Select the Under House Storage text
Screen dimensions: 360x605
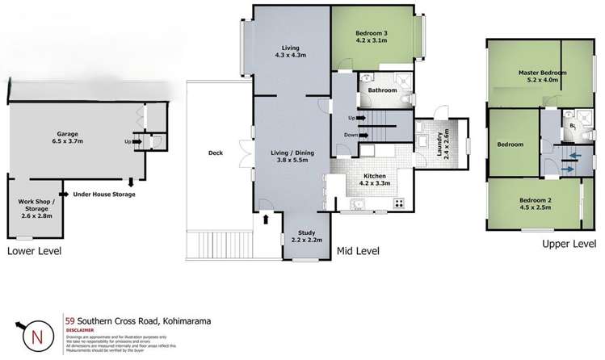coord(103,195)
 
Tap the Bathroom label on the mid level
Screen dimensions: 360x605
coord(382,91)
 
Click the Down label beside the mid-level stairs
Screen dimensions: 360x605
coord(351,136)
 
